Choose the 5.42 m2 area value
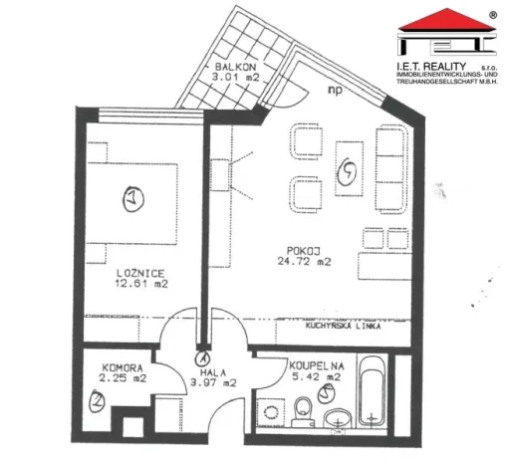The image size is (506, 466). [317, 377]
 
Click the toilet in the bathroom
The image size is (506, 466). [302, 409]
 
